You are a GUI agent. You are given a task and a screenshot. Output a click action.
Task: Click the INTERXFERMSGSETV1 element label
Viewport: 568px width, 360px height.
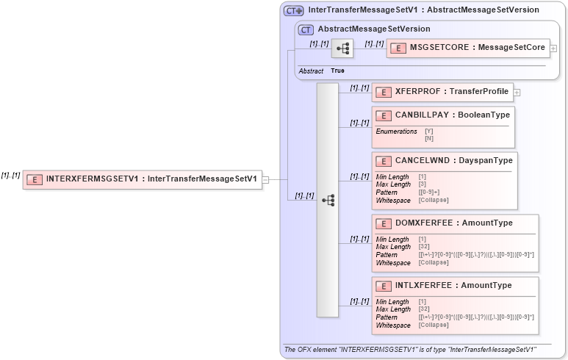pos(151,179)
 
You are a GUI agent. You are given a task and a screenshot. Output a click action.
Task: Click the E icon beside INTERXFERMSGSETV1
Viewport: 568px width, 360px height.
pos(35,179)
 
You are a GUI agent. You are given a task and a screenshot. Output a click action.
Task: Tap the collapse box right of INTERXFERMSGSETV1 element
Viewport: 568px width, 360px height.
pos(266,179)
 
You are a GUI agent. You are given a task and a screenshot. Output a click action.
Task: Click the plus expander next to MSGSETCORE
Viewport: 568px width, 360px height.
pos(553,48)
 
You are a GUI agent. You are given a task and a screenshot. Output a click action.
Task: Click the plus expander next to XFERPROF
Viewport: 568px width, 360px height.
pos(517,93)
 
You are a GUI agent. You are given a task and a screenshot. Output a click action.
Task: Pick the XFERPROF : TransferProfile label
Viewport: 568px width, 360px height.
pos(451,92)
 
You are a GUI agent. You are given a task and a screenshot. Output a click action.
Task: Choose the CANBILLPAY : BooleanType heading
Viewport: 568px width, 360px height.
pos(452,115)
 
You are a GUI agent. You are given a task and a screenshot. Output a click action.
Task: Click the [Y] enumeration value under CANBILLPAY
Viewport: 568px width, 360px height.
pos(429,132)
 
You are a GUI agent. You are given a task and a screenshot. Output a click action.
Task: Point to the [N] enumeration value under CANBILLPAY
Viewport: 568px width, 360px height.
pos(429,138)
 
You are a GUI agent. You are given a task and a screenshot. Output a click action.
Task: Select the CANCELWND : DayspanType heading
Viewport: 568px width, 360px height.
pos(453,161)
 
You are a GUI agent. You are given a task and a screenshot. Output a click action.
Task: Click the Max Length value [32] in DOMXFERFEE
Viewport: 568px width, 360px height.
pos(424,247)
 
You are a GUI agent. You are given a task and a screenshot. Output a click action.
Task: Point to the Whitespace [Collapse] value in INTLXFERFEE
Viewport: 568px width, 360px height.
pos(434,325)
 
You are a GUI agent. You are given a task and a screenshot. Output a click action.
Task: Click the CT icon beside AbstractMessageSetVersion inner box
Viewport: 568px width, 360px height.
pos(306,29)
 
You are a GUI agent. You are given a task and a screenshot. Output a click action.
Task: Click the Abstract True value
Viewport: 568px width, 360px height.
pos(337,71)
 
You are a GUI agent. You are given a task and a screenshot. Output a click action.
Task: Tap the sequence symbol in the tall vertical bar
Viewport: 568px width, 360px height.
pos(328,200)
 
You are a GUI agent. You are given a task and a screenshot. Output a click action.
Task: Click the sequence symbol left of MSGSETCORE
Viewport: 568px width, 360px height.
pos(342,48)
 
